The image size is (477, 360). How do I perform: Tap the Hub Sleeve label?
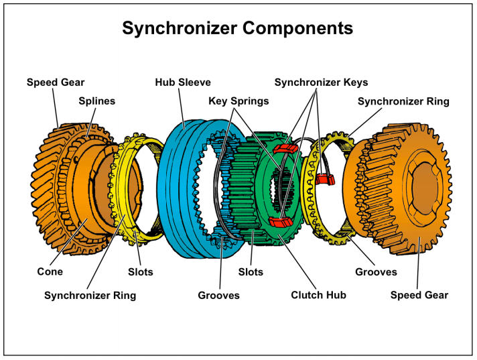(183, 82)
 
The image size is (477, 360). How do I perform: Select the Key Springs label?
(239, 101)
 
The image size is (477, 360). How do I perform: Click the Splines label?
(96, 101)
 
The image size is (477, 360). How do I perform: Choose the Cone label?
(51, 272)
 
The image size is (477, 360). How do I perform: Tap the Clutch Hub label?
(319, 295)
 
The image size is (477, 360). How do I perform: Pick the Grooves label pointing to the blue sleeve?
(218, 295)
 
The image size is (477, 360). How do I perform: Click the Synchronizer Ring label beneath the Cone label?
(90, 295)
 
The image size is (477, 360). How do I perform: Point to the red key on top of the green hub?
(287, 148)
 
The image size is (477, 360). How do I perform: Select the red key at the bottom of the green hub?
(278, 222)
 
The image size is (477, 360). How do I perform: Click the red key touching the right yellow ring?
(326, 179)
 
